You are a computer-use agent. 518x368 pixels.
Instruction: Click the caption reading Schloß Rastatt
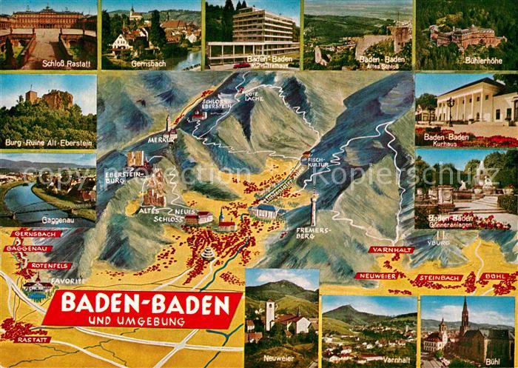click(49, 64)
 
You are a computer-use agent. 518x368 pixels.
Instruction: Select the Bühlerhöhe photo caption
click(466, 64)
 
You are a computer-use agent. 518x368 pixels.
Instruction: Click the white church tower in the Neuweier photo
click(270, 315)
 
